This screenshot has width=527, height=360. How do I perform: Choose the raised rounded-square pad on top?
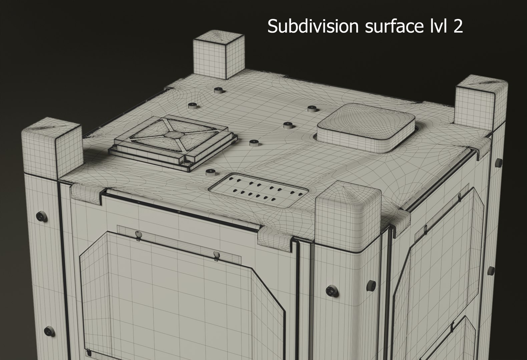click(366, 127)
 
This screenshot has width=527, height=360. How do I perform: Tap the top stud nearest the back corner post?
click(219, 90)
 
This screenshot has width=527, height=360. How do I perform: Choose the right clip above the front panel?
click(217, 255)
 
